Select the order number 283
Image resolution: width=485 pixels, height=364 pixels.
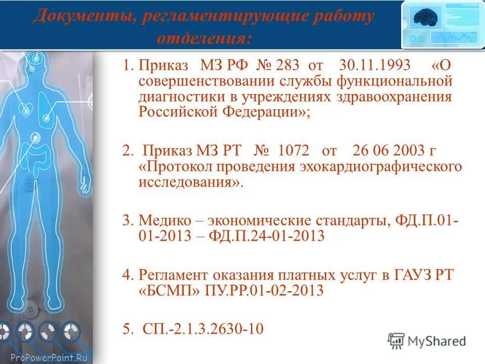[286, 66]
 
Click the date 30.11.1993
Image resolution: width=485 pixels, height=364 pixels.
[375, 66]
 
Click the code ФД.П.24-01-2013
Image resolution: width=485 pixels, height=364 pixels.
[276, 236]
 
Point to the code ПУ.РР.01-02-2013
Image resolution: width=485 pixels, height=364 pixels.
[265, 291]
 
